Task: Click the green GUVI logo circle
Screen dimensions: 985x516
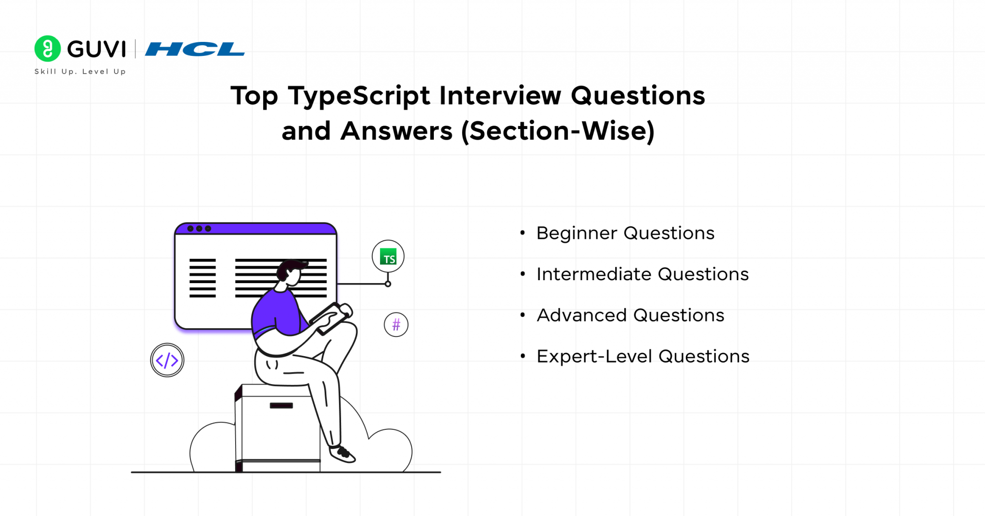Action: click(48, 49)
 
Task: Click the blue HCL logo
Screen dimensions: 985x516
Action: click(195, 49)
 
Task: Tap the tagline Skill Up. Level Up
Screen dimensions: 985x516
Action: click(80, 72)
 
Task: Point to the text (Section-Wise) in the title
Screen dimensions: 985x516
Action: click(558, 131)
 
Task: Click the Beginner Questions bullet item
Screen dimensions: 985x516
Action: click(625, 233)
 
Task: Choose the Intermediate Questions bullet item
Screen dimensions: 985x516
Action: click(643, 274)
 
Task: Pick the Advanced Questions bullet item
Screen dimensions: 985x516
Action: click(630, 315)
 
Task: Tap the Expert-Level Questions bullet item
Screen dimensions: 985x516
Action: click(643, 357)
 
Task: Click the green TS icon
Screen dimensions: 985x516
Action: click(388, 257)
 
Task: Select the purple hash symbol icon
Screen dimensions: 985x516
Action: click(396, 325)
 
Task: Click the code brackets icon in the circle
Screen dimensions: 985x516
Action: click(167, 360)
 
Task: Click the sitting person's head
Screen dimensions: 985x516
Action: click(291, 272)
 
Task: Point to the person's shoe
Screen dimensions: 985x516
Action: click(342, 453)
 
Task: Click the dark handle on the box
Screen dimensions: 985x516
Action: click(281, 405)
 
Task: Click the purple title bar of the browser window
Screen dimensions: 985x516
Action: click(255, 229)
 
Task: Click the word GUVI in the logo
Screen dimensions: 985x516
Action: click(96, 49)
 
